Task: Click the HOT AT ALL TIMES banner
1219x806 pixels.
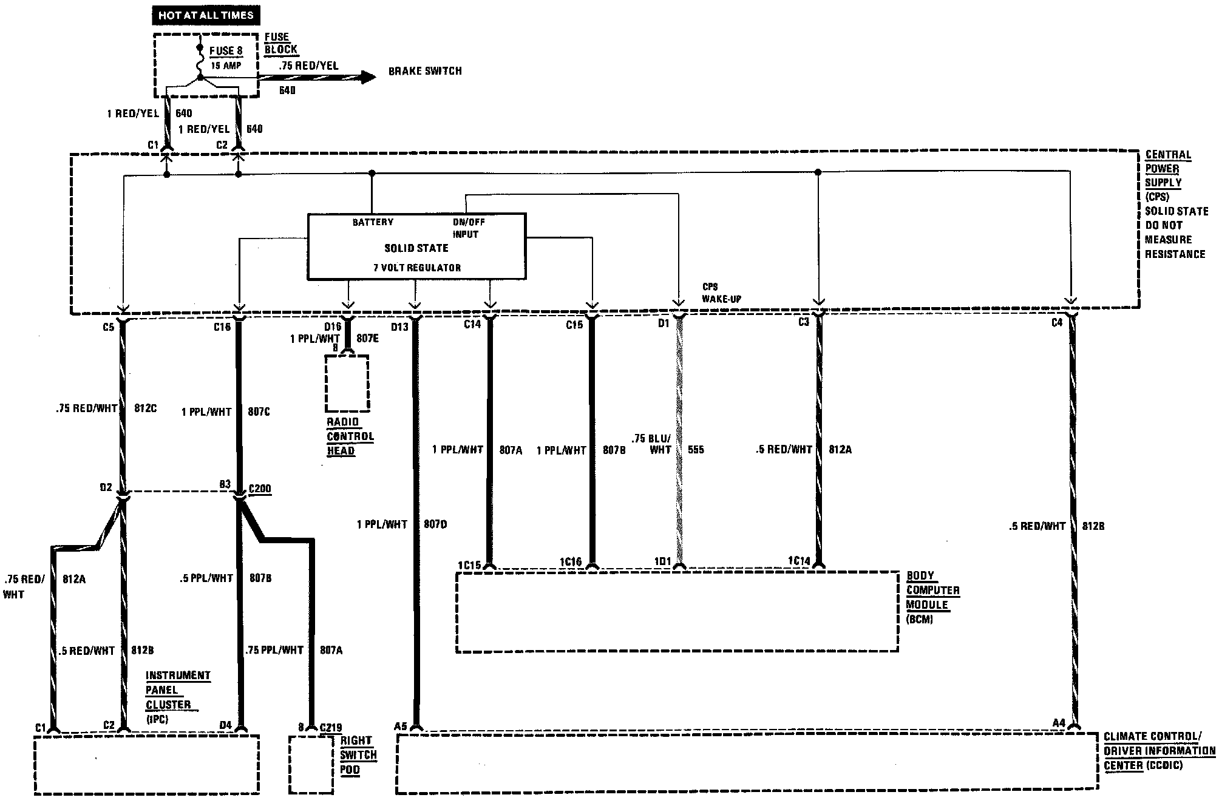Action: click(x=206, y=15)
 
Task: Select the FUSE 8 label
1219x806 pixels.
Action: click(x=226, y=51)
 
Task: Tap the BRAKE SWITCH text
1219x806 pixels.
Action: click(x=425, y=72)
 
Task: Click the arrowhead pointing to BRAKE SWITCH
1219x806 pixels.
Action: click(x=368, y=77)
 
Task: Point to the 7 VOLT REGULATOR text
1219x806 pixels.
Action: click(x=417, y=268)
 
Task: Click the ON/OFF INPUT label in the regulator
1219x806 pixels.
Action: click(x=468, y=228)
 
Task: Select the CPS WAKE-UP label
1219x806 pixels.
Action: click(x=721, y=293)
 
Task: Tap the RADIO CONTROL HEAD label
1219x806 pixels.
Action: click(x=350, y=436)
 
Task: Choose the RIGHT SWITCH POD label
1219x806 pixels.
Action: click(x=358, y=755)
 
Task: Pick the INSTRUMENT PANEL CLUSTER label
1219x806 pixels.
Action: click(x=177, y=691)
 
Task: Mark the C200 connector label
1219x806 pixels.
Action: click(x=260, y=489)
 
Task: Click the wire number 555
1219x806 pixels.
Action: click(x=696, y=450)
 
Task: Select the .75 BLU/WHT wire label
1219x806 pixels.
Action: click(x=651, y=444)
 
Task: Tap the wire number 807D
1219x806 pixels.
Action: click(x=435, y=524)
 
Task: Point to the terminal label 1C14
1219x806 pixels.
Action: click(x=798, y=561)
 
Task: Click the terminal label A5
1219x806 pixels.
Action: click(x=400, y=726)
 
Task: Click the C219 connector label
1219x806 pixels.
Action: click(x=330, y=727)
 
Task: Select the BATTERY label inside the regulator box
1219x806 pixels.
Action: click(x=373, y=222)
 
